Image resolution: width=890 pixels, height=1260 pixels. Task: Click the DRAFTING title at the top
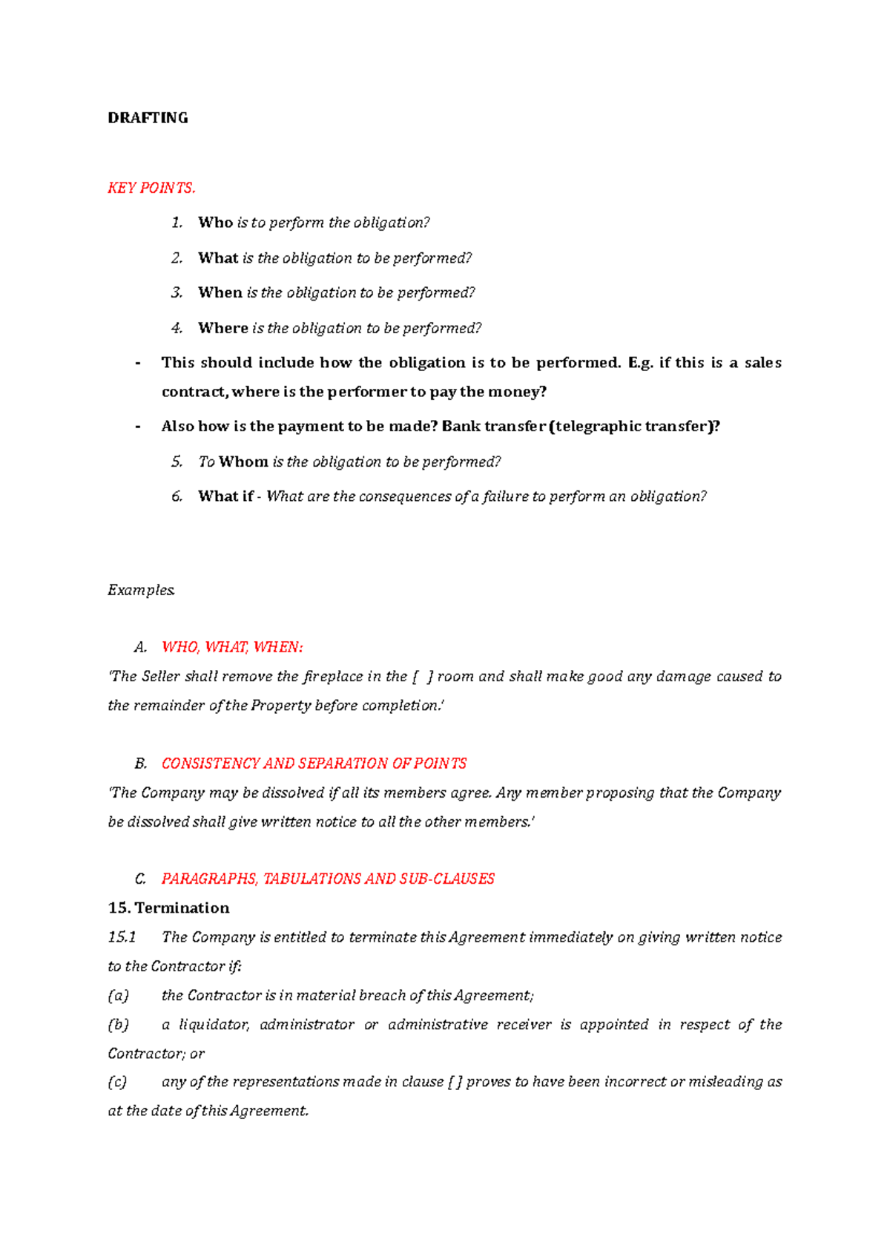point(148,118)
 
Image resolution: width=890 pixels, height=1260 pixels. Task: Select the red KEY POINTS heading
point(151,188)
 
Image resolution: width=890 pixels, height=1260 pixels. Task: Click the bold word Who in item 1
point(215,223)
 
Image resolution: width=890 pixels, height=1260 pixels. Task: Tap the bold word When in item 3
point(220,293)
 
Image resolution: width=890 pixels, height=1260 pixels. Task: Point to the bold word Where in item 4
point(222,328)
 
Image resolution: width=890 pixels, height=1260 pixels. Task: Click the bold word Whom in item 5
point(243,462)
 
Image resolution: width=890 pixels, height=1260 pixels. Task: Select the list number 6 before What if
point(177,496)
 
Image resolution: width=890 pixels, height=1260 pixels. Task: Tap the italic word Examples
point(141,590)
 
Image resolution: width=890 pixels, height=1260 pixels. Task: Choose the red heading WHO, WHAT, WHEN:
point(232,647)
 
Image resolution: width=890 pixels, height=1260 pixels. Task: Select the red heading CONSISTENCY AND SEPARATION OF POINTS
point(314,764)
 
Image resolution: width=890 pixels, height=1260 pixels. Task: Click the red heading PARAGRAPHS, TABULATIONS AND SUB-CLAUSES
point(328,879)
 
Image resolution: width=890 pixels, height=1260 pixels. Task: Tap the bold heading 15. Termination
point(168,908)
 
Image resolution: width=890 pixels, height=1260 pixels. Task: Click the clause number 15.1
point(122,937)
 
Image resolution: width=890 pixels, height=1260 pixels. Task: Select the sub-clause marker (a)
point(119,996)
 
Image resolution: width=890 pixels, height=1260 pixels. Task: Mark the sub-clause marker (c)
point(118,1082)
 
